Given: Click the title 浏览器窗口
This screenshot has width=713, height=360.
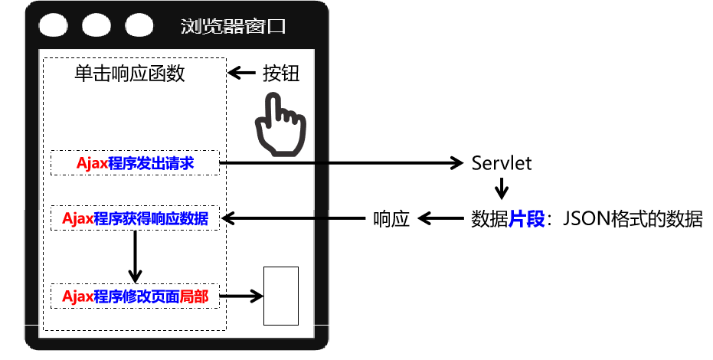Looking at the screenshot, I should coord(234,26).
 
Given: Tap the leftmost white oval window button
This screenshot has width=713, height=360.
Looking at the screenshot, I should coord(54,25).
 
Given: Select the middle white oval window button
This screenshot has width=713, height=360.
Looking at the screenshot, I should coord(97,25).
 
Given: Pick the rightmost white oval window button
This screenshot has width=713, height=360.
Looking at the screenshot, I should coord(140,25).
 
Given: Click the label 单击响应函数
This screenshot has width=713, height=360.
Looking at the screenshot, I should coord(129,74).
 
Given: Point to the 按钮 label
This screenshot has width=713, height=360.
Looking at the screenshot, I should coord(281,74).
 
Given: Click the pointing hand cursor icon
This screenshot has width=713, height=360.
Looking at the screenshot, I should coord(280,126).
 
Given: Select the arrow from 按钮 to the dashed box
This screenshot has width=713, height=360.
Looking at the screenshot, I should coord(242,74).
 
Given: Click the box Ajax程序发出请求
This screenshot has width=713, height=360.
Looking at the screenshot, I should coord(135,163).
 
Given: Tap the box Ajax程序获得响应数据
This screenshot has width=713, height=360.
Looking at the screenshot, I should coord(135,218).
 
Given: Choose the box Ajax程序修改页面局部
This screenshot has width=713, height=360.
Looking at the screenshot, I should coord(135,296).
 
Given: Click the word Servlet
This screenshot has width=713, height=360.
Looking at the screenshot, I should coord(502,163).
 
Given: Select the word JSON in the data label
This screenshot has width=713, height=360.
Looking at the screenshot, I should coord(586,219).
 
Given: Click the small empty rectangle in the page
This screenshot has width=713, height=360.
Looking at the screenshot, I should coord(281,296).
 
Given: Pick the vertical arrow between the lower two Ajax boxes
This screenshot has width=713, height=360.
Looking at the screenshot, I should coord(136,256).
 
